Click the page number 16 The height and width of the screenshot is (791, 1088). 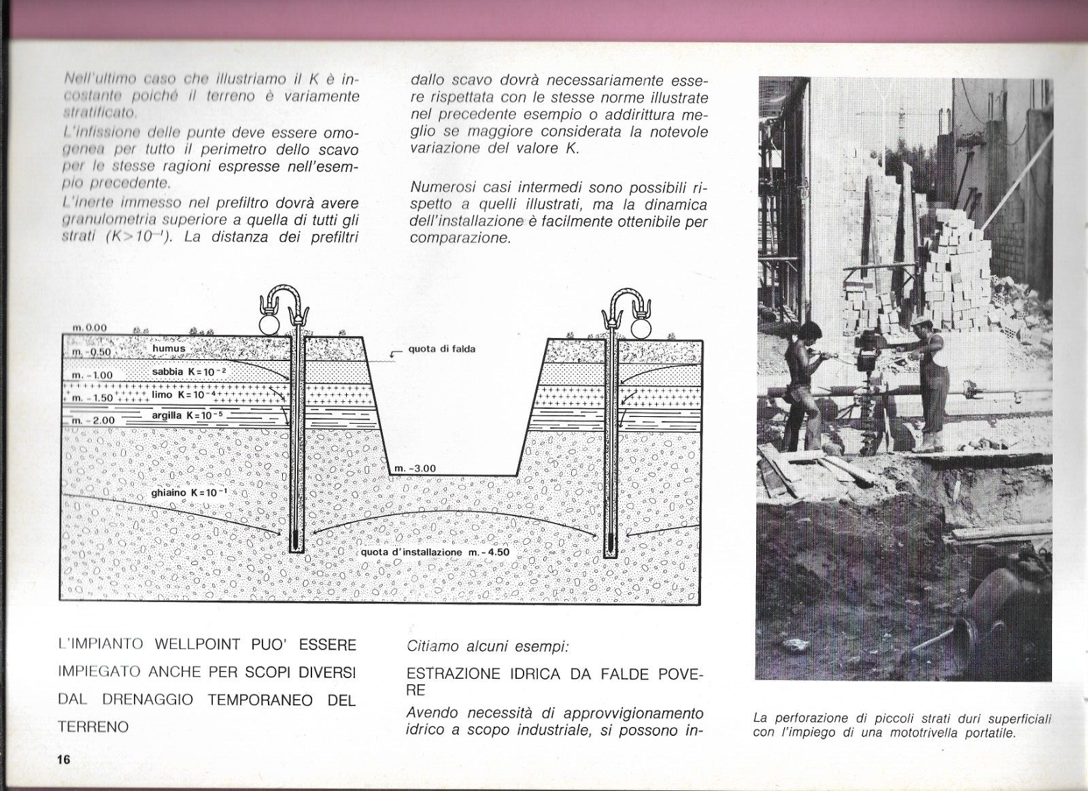63,760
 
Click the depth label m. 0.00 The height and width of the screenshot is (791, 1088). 89,328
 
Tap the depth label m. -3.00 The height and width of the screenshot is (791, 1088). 415,469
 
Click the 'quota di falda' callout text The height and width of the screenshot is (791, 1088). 441,349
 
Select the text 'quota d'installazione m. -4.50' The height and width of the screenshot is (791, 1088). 435,552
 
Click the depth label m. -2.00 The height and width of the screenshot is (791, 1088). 93,420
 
